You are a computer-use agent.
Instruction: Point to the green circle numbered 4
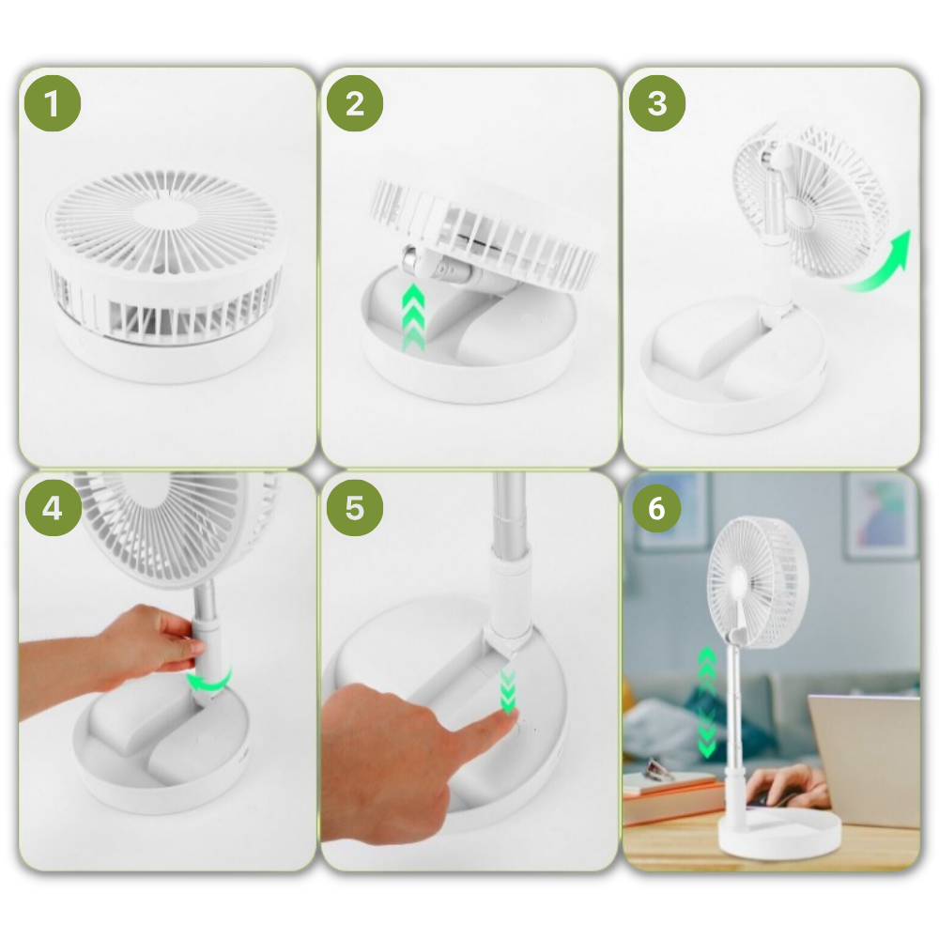point(52,508)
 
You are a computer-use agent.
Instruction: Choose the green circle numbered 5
point(354,508)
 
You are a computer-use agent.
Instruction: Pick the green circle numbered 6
point(656,508)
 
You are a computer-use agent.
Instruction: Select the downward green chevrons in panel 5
point(508,691)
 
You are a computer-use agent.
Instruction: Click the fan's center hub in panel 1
point(164,212)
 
